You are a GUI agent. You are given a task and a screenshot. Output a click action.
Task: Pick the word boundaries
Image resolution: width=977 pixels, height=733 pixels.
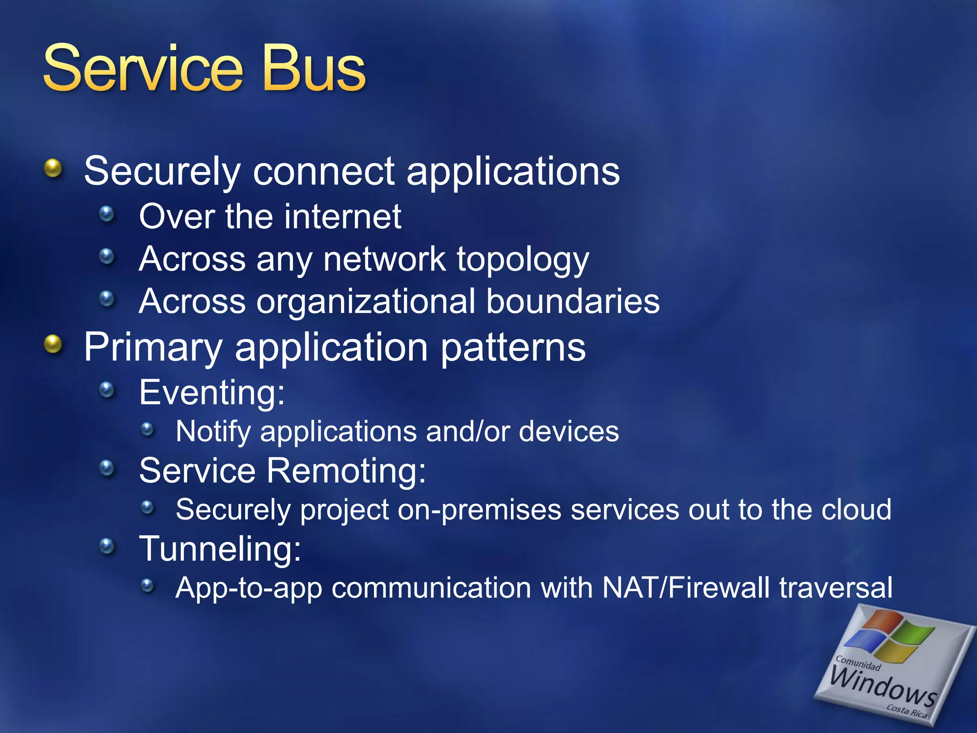coord(573,302)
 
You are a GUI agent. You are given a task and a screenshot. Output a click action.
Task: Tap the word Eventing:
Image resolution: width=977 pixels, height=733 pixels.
coord(212,392)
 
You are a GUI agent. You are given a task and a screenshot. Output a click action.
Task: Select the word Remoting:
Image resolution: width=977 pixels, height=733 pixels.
coord(346,471)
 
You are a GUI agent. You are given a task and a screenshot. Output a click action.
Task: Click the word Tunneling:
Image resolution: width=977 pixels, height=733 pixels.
coord(220,549)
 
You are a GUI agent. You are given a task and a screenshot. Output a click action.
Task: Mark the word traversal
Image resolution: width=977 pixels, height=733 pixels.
coord(835,587)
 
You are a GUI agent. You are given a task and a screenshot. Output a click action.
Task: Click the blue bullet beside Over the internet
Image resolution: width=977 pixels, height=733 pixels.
coord(107,214)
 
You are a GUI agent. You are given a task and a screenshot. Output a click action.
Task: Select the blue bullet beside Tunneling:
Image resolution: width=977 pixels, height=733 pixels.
coord(107,546)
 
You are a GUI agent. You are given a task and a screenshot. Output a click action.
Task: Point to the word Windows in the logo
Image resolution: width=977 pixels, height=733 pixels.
coord(883,686)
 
